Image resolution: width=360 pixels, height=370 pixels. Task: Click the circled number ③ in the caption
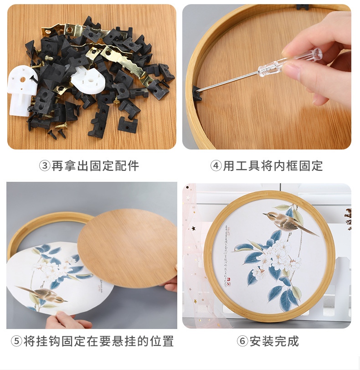(x=45, y=166)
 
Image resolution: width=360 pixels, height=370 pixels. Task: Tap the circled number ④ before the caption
(x=216, y=166)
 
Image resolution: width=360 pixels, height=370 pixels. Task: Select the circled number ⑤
(x=16, y=341)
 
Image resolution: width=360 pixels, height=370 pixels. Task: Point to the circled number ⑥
(x=242, y=341)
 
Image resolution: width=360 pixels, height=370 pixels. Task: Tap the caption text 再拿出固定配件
(x=95, y=166)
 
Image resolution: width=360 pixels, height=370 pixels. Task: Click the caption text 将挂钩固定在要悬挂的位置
(x=98, y=341)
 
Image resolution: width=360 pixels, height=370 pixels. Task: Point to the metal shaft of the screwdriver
(x=228, y=80)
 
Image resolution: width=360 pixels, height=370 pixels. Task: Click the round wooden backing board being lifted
(x=128, y=246)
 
